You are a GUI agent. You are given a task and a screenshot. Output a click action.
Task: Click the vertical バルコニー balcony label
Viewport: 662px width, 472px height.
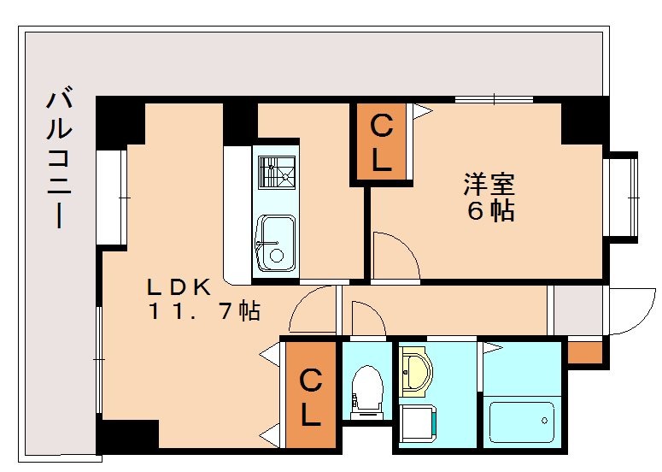(57, 159)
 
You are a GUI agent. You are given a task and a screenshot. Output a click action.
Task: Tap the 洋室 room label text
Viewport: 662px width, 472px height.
(489, 183)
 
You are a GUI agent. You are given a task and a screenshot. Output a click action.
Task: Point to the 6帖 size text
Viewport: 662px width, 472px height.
(489, 210)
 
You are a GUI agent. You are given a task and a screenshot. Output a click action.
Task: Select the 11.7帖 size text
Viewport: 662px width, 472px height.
(203, 312)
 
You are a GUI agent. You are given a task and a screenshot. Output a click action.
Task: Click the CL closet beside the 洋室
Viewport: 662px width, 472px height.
(380, 143)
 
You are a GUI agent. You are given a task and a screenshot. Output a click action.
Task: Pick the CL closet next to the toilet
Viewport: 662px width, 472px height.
(311, 396)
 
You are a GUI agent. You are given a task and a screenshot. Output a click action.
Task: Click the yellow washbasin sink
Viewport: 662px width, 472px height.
(416, 370)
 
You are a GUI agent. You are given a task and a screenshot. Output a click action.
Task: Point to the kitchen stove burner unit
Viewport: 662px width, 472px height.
(276, 176)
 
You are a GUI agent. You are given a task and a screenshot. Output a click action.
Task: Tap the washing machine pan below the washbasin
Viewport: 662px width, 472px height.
(419, 424)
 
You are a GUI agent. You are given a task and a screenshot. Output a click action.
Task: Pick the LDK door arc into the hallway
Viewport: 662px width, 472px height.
(313, 310)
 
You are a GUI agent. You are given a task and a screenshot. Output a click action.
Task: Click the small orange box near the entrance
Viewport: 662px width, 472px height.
(584, 351)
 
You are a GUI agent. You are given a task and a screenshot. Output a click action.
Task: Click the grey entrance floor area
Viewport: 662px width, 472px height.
(577, 310)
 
